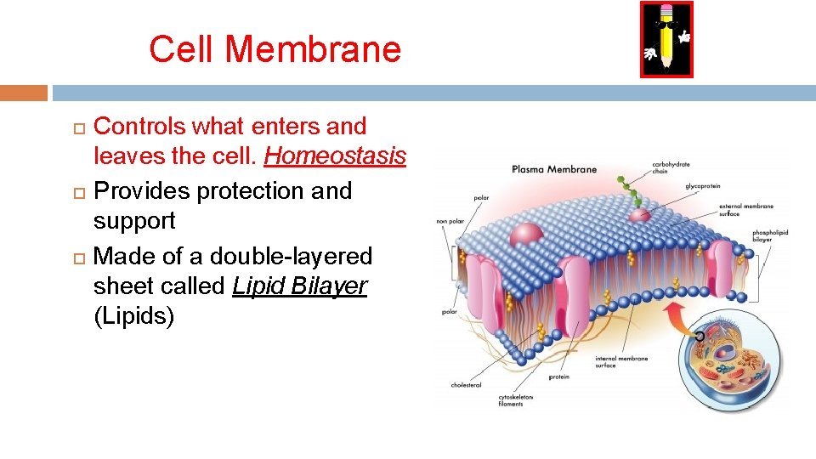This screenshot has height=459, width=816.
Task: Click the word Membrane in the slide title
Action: [x=314, y=49]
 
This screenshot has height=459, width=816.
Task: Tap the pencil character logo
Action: [x=666, y=39]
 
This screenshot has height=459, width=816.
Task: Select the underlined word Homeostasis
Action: [x=336, y=157]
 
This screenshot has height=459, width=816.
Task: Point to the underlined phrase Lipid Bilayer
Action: [x=299, y=286]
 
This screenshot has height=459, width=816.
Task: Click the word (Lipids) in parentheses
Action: [x=133, y=317]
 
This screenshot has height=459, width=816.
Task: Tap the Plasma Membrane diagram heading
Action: [x=554, y=169]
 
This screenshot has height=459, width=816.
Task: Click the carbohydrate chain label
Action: [x=671, y=167]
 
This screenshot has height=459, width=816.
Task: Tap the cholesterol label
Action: [x=466, y=385]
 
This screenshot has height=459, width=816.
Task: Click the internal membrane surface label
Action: [x=620, y=362]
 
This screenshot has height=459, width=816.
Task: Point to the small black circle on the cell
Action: [x=700, y=337]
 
